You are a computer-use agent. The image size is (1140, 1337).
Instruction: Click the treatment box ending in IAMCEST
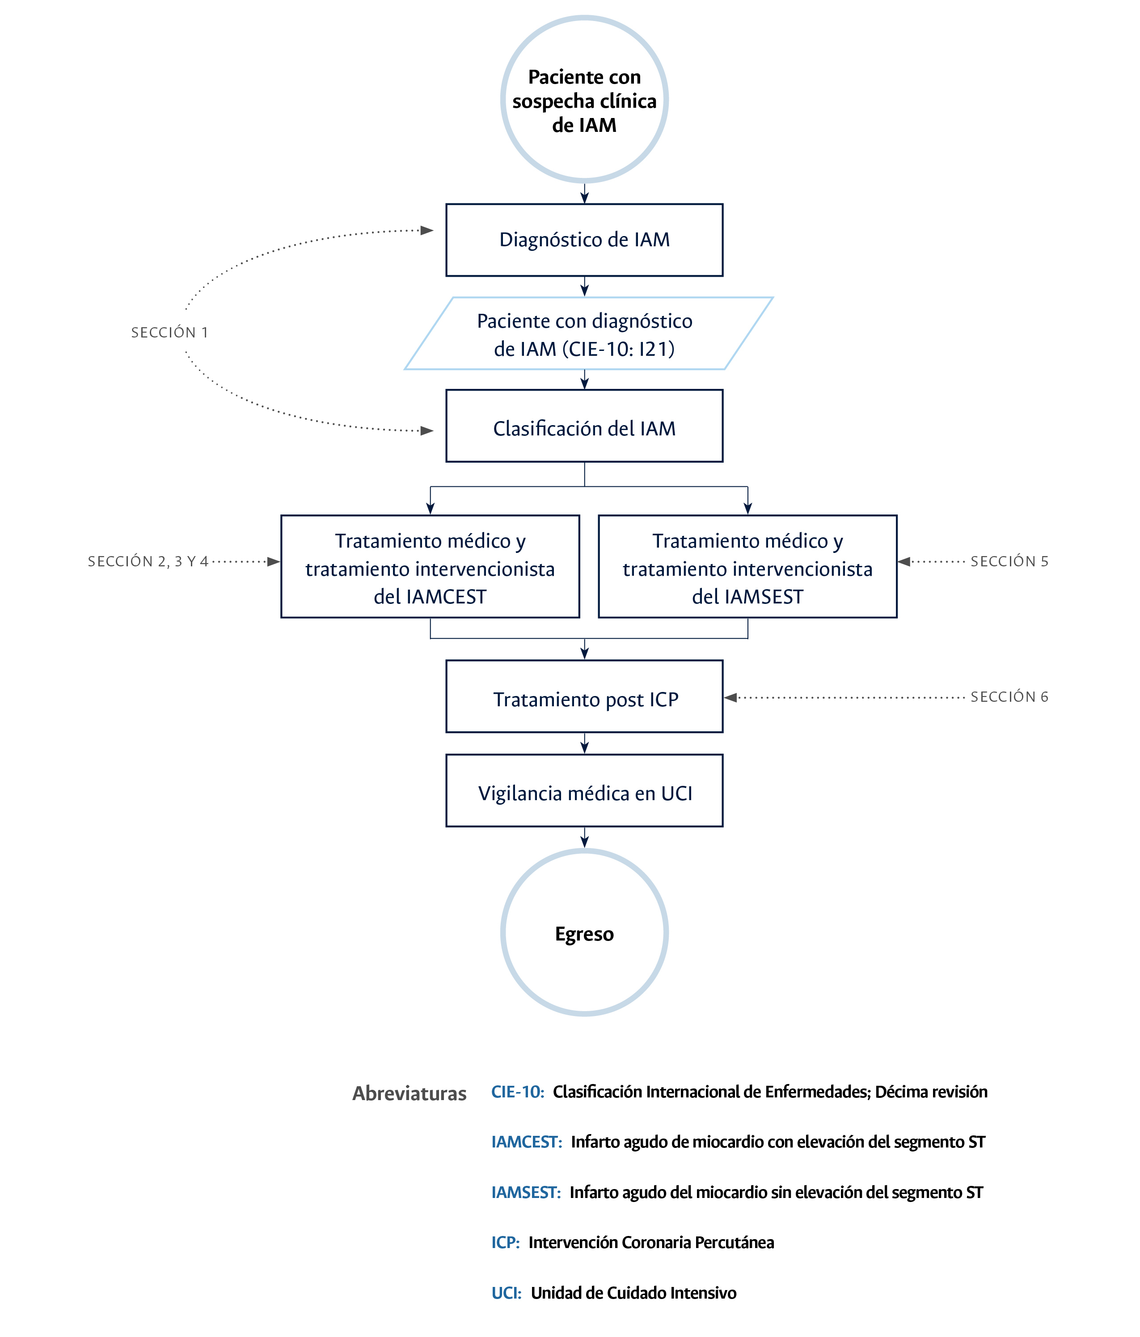(430, 566)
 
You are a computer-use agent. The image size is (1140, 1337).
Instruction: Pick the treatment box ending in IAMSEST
(747, 566)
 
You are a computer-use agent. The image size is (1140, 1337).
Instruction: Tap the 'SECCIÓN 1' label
(169, 332)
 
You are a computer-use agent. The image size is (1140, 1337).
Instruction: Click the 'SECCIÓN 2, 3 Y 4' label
(148, 561)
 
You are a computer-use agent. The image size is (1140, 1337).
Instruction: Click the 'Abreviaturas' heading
(409, 1093)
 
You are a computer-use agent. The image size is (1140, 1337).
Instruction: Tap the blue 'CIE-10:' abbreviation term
(517, 1092)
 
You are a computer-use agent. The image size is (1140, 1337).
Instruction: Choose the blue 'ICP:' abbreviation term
(505, 1242)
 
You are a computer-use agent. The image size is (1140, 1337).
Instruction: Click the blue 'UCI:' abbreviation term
(506, 1292)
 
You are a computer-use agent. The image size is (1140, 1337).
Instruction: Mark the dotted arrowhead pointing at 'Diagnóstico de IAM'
(426, 230)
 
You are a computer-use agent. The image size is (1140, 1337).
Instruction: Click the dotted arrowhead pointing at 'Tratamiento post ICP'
(730, 697)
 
